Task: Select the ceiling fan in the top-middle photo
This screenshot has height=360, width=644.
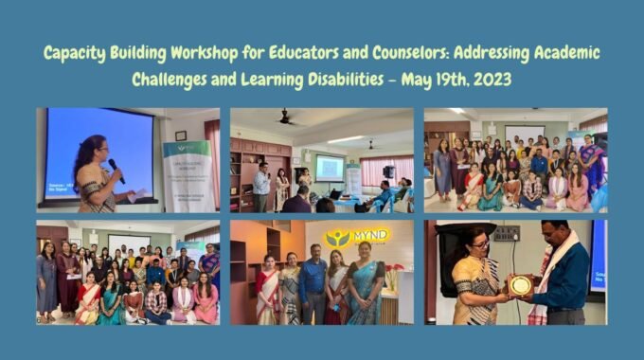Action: [x=286, y=118]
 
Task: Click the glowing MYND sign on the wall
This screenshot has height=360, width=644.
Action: [x=357, y=237]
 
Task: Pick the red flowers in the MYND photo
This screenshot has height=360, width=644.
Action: [x=394, y=276]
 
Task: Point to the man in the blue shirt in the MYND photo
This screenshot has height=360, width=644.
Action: [x=313, y=284]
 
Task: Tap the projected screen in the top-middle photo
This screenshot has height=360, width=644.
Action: [x=329, y=168]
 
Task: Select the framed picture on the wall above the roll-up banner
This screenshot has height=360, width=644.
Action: [x=181, y=135]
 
